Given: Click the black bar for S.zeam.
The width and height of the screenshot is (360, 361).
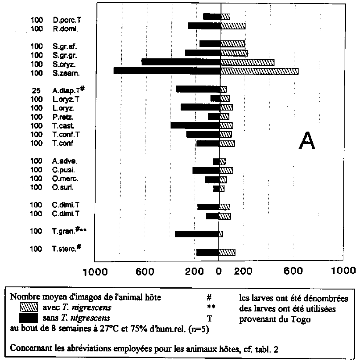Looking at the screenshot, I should pyautogui.click(x=167, y=71).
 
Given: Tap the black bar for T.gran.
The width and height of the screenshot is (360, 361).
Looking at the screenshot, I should pyautogui.click(x=197, y=234).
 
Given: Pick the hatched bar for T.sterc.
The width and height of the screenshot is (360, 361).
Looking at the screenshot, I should pyautogui.click(x=227, y=252).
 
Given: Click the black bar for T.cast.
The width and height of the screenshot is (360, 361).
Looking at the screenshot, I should pyautogui.click(x=195, y=125).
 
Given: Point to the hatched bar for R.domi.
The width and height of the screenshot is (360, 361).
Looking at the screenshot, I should pyautogui.click(x=232, y=26).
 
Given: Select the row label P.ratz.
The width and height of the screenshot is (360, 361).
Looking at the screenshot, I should pyautogui.click(x=63, y=117).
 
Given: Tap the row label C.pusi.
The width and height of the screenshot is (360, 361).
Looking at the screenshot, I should pyautogui.click(x=63, y=170).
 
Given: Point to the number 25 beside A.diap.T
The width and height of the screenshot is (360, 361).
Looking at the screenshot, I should pyautogui.click(x=36, y=90).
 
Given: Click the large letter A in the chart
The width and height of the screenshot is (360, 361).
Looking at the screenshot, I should pyautogui.click(x=307, y=141).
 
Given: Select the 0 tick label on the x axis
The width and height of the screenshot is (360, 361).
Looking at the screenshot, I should pyautogui.click(x=219, y=272).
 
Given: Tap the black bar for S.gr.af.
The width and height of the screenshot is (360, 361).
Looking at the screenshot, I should pyautogui.click(x=210, y=44).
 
